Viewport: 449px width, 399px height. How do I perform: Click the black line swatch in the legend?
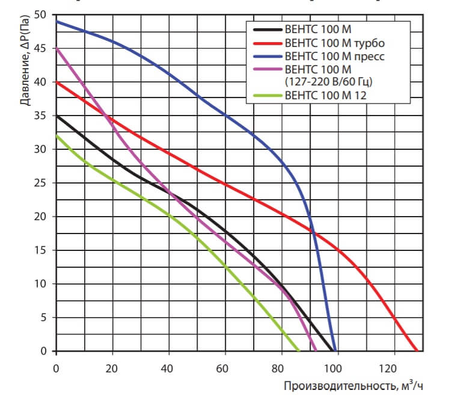coord(267,29)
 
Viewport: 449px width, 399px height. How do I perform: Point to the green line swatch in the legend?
coord(267,95)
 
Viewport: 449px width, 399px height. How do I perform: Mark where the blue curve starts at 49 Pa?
coord(57,22)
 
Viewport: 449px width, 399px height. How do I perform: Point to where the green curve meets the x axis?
coord(299,350)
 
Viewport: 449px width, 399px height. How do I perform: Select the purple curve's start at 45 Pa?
coord(57,49)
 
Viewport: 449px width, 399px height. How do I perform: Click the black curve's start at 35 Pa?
coord(57,116)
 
